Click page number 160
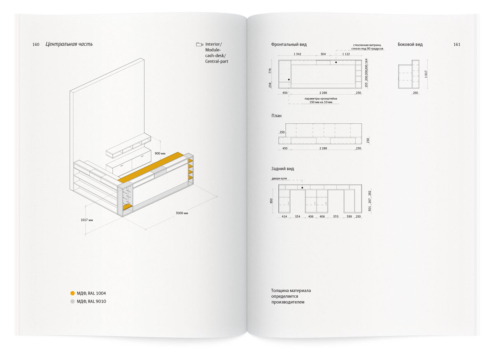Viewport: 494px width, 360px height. pyautogui.click(x=35, y=44)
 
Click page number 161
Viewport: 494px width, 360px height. pyautogui.click(x=457, y=44)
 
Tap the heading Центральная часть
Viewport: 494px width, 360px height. pyautogui.click(x=69, y=44)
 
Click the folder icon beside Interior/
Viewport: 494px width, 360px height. pyautogui.click(x=200, y=44)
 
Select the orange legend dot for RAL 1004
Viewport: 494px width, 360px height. pyautogui.click(x=72, y=293)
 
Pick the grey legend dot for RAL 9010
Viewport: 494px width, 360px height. pyautogui.click(x=72, y=301)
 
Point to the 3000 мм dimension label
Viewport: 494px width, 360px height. pyautogui.click(x=182, y=213)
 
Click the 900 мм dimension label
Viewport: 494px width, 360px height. pyautogui.click(x=160, y=153)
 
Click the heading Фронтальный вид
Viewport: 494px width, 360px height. pyautogui.click(x=289, y=44)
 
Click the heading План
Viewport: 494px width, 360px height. pyautogui.click(x=276, y=116)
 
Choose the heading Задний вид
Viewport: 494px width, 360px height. pyautogui.click(x=282, y=169)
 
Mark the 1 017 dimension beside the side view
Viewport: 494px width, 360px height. pyautogui.click(x=426, y=74)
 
